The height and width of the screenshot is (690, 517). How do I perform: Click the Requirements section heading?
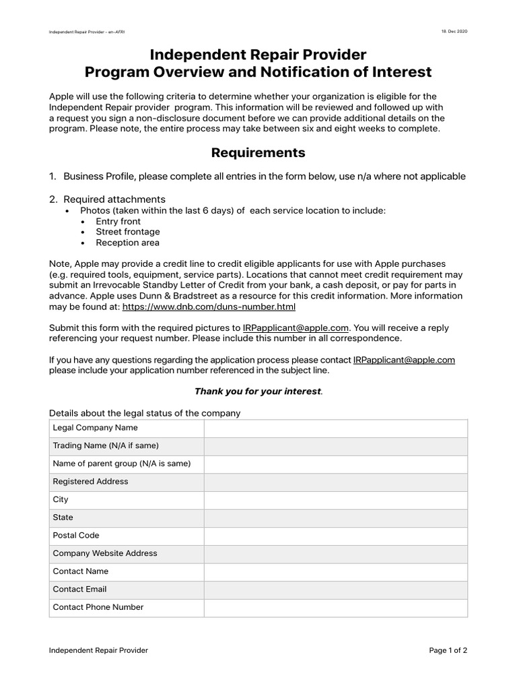click(258, 153)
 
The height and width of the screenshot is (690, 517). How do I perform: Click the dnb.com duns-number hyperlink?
click(209, 307)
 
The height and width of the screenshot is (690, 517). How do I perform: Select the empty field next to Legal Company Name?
click(335, 428)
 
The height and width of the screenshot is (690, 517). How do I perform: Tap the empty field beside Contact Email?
click(335, 590)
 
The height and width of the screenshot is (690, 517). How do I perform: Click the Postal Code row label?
click(76, 536)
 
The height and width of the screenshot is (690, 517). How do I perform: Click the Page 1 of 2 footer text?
click(448, 650)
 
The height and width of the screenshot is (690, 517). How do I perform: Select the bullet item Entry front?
click(118, 221)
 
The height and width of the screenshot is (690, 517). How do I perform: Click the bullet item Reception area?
click(127, 243)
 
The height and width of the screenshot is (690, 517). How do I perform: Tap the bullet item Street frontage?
click(127, 232)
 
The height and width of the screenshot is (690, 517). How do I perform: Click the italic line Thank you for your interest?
click(258, 391)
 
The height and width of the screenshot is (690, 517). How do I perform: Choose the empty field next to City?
click(335, 500)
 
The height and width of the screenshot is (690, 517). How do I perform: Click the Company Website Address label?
click(105, 553)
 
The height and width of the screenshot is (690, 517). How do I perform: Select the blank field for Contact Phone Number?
click(335, 607)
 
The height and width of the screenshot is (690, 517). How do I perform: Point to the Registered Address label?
click(90, 482)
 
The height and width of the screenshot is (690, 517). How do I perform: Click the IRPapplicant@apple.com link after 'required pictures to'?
click(296, 327)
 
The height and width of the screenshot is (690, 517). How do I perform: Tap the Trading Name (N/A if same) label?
click(106, 446)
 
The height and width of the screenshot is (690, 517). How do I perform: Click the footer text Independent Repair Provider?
click(98, 650)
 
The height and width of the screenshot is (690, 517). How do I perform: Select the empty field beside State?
click(335, 517)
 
